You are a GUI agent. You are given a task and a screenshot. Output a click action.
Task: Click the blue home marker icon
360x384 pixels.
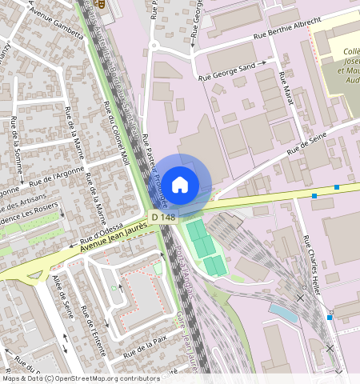pyautogui.click(x=180, y=183)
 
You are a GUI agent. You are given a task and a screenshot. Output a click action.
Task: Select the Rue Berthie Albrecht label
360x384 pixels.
pyautogui.click(x=286, y=29)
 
